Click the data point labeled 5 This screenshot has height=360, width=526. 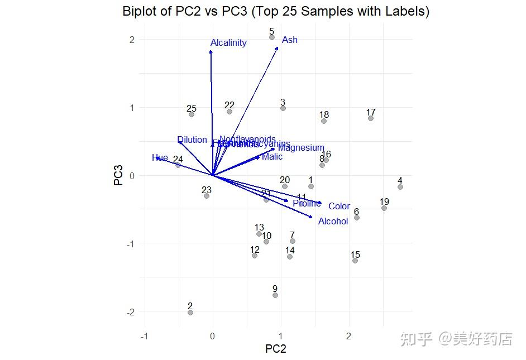(x=272, y=38)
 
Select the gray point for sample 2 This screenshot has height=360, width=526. (x=190, y=313)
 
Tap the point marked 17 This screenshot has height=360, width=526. (x=371, y=118)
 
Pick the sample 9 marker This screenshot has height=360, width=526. (x=275, y=295)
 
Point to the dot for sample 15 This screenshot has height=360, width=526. (x=355, y=261)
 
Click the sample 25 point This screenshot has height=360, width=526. (x=192, y=114)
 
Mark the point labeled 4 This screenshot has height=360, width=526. (x=400, y=187)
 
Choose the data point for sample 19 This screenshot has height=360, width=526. (x=384, y=208)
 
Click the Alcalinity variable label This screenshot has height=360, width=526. (x=228, y=43)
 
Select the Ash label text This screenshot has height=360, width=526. (x=290, y=40)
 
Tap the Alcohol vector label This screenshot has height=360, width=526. (x=333, y=222)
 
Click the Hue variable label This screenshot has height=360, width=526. (x=160, y=158)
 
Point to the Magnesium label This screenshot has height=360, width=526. (x=301, y=148)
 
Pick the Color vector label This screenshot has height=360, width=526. (x=339, y=207)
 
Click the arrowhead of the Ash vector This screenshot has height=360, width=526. (x=278, y=47)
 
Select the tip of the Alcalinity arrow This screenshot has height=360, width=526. (x=211, y=51)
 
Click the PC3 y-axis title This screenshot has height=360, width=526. (x=118, y=175)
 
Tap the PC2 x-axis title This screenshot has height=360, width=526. (x=275, y=349)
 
